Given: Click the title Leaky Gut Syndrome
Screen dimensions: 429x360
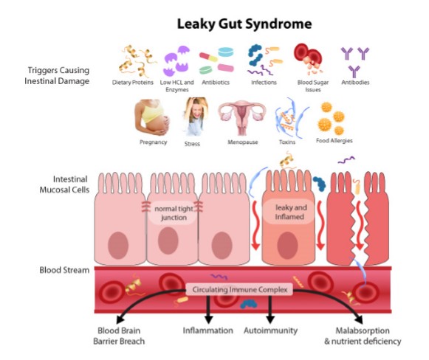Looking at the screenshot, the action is [x=244, y=24].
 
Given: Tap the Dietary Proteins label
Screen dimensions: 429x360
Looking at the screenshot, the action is [x=133, y=83].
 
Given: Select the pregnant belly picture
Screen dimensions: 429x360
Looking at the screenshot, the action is [x=152, y=117].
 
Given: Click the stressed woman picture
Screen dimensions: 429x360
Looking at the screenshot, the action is [x=196, y=117].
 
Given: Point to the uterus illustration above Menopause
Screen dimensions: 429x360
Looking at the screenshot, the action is [x=242, y=117].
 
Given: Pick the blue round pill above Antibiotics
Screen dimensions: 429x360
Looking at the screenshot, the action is [x=226, y=52].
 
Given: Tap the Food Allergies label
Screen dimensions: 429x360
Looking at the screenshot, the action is [x=334, y=140].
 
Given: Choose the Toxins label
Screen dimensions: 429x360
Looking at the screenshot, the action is [x=287, y=142].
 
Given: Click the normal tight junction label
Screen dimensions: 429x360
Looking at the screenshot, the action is [x=174, y=213].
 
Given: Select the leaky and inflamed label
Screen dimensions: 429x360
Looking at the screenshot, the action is [x=290, y=212].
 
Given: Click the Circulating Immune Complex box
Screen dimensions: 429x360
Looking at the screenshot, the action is [x=239, y=289].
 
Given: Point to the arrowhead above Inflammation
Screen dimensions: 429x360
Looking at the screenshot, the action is [x=208, y=319].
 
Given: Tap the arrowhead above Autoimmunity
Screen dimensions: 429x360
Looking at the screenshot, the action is [x=270, y=319].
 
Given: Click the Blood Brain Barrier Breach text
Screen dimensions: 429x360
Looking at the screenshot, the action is [x=119, y=336].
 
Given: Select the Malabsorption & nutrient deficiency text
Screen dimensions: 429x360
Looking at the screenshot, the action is [x=363, y=336].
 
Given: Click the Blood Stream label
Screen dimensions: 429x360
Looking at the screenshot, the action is [x=64, y=270].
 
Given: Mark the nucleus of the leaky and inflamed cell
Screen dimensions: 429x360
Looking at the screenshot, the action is [x=287, y=245].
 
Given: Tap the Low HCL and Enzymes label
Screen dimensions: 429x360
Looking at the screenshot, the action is [x=177, y=86].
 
